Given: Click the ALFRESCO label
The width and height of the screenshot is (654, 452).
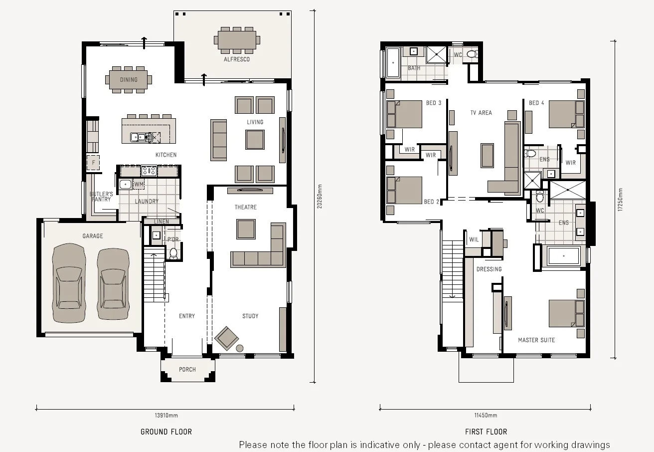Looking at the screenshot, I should tap(237, 59).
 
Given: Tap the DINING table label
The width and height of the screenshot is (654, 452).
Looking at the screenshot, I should tap(129, 79).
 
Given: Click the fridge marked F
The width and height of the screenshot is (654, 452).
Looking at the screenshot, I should tap(93, 163).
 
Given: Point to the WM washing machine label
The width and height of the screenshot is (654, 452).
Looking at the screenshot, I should tap(139, 185).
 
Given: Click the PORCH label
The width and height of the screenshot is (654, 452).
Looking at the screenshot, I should tap(187, 370).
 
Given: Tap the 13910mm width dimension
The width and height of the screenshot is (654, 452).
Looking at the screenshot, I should tap(165, 415).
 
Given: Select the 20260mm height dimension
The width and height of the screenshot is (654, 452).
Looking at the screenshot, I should tap(321, 197).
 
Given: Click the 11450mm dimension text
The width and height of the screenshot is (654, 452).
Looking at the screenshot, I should tap(486, 415).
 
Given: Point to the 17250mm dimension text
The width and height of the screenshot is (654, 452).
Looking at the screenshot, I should tap(621, 200).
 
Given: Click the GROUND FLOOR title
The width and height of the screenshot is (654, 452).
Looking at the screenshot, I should tap(166, 432).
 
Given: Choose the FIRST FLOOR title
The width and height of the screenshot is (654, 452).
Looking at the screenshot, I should tap(486, 432).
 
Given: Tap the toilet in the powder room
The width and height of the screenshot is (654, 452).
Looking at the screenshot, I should tap(173, 253).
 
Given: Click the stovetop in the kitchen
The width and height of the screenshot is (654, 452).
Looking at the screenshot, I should tap(149, 171).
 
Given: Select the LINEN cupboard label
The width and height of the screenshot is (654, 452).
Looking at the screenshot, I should tap(162, 222).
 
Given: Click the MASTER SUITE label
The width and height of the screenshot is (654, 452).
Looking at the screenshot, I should tap(536, 340).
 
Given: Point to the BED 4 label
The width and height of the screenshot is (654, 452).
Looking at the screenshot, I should tap(536, 103).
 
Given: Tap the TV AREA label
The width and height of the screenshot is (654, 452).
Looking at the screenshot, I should tap(481, 113).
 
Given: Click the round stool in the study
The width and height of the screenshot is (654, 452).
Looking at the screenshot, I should tap(239, 348).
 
